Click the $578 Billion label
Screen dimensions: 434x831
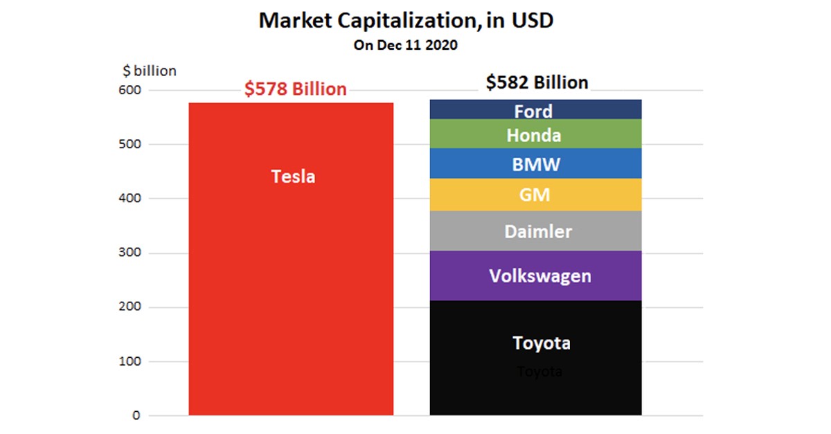coord(295,89)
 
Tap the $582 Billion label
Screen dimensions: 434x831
coord(537,83)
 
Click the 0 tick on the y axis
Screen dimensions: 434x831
coord(136,416)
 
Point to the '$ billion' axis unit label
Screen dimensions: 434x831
coord(149,71)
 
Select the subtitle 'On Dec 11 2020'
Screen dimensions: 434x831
coord(406,45)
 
